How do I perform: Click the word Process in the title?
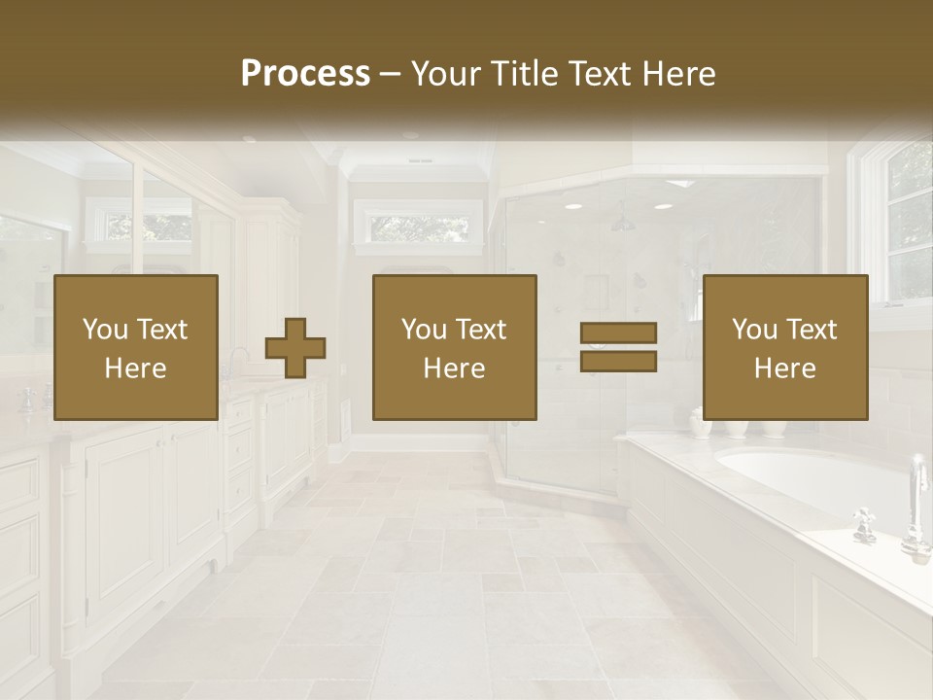[305, 74]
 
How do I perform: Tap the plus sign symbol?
[295, 347]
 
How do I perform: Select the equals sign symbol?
[618, 347]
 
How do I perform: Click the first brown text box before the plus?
[135, 347]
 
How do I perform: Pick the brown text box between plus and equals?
[454, 347]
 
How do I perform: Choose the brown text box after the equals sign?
[784, 347]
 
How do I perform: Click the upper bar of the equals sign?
[618, 332]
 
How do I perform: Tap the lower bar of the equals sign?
[618, 362]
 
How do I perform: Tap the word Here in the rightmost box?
[784, 368]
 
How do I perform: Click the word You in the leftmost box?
[105, 330]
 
